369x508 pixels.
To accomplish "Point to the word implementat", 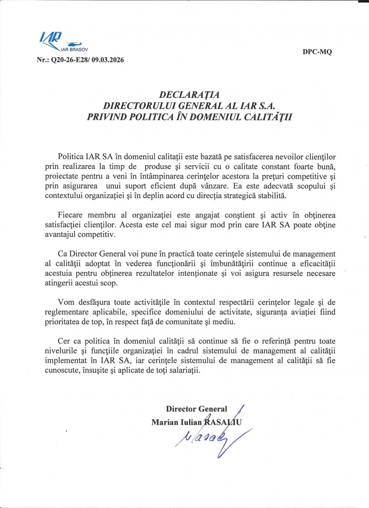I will tap(65, 360).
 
